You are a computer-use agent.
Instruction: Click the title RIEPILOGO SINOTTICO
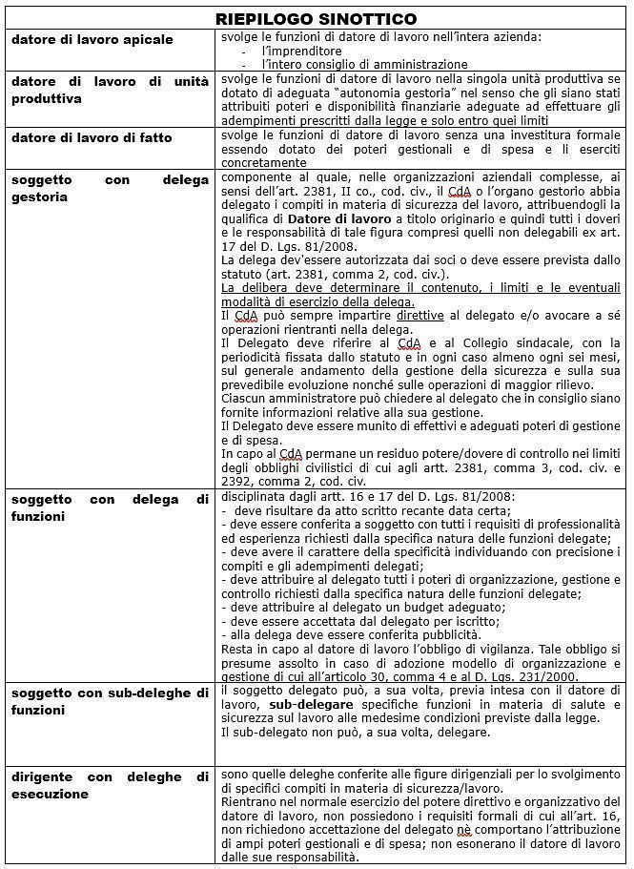316,19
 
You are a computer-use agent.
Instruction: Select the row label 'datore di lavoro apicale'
92,39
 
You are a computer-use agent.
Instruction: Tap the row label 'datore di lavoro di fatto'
92,137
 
